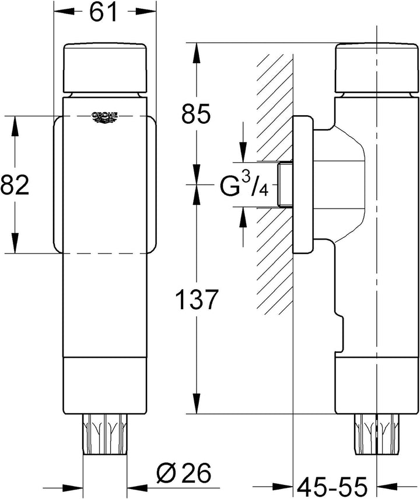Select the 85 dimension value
195,113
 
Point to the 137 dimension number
197,299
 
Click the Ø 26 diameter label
184,473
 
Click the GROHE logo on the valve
104,117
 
